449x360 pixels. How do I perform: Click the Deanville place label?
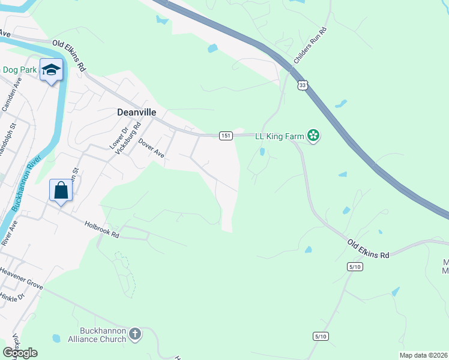136,112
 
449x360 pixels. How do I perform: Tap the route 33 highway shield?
303,85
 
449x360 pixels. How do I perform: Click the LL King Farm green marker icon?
313,136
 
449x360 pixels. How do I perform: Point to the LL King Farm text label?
280,136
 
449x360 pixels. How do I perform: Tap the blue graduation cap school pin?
52,70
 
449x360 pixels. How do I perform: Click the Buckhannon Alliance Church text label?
103,335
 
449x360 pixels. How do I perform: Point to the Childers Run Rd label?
310,46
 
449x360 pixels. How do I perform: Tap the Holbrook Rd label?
102,231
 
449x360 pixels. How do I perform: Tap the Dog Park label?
20,70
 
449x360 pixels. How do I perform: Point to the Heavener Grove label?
22,280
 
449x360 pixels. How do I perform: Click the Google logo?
20,353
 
